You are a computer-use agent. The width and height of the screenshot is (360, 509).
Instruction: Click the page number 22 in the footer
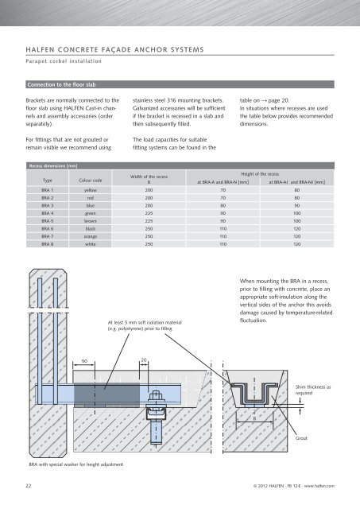pyautogui.click(x=29, y=486)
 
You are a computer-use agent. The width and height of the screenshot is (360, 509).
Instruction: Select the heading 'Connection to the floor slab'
pyautogui.click(x=61, y=85)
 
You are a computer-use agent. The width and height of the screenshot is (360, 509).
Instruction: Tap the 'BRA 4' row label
pyautogui.click(x=48, y=213)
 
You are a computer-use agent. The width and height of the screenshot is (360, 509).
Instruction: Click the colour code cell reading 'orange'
pyautogui.click(x=91, y=236)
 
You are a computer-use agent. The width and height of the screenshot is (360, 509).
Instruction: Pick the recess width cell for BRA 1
pyautogui.click(x=149, y=190)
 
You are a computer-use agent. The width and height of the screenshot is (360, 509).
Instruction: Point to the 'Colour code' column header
pyautogui.click(x=91, y=181)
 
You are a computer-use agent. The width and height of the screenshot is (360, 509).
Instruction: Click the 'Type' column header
pyautogui.click(x=48, y=181)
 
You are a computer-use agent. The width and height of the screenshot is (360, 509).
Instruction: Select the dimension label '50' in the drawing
pyautogui.click(x=84, y=361)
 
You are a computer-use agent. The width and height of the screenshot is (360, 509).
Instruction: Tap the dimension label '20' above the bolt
pyautogui.click(x=144, y=359)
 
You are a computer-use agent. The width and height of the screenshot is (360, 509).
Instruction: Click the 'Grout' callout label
pyautogui.click(x=301, y=438)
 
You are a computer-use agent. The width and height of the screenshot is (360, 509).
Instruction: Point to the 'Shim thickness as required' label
pyautogui.click(x=313, y=390)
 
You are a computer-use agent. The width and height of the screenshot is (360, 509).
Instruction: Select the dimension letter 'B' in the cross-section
pyautogui.click(x=254, y=419)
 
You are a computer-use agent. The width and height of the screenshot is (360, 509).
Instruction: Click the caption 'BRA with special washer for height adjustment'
pyautogui.click(x=75, y=464)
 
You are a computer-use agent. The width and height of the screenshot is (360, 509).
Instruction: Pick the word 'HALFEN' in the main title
pyautogui.click(x=40, y=49)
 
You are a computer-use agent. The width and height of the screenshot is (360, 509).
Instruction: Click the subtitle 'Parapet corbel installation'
pyautogui.click(x=64, y=61)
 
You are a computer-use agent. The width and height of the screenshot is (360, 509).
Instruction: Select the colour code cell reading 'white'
pyautogui.click(x=91, y=244)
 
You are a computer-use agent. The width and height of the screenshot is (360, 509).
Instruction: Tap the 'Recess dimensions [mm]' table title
pyautogui.click(x=53, y=166)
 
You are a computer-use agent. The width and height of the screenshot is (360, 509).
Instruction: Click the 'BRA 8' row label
pyautogui.click(x=48, y=244)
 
